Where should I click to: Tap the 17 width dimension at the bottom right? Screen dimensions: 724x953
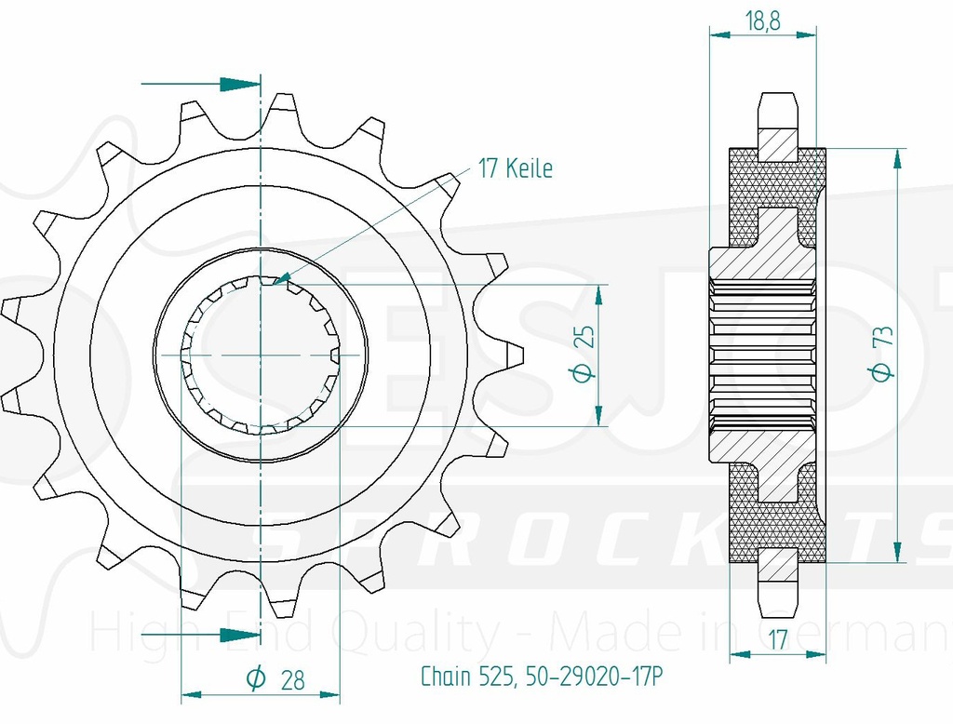[780, 638]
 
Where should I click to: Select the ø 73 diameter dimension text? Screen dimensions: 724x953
[883, 355]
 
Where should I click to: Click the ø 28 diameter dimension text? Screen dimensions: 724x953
[276, 680]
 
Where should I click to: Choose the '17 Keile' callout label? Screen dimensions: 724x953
[515, 168]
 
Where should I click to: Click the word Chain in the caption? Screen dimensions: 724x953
[446, 676]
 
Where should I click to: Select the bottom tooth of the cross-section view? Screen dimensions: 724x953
[779, 584]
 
